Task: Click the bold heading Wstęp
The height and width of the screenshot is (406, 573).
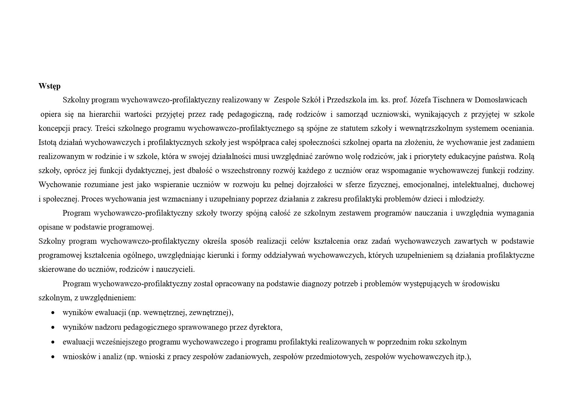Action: pos(49,86)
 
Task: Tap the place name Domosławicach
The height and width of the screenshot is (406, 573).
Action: pos(501,100)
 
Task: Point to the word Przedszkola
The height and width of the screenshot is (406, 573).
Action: pos(345,100)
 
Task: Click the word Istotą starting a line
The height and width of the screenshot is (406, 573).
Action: pos(48,142)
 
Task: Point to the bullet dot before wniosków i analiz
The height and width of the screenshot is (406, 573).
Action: pos(53,357)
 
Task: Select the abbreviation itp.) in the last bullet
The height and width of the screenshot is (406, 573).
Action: pos(463,357)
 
